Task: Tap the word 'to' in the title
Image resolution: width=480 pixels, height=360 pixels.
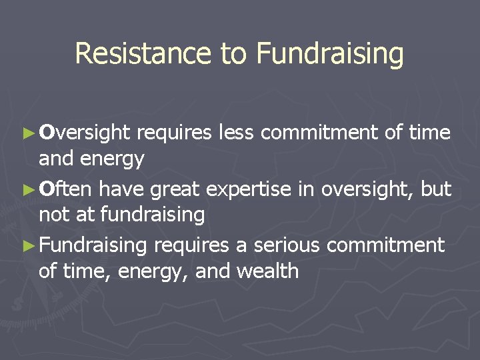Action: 234,53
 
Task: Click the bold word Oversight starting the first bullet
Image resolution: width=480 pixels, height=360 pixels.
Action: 83,133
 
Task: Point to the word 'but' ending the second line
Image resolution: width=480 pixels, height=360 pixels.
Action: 437,189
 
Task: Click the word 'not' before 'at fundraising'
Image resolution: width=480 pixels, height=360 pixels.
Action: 55,215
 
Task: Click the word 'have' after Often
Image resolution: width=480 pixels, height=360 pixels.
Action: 123,189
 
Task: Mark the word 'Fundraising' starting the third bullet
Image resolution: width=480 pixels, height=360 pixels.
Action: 93,246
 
